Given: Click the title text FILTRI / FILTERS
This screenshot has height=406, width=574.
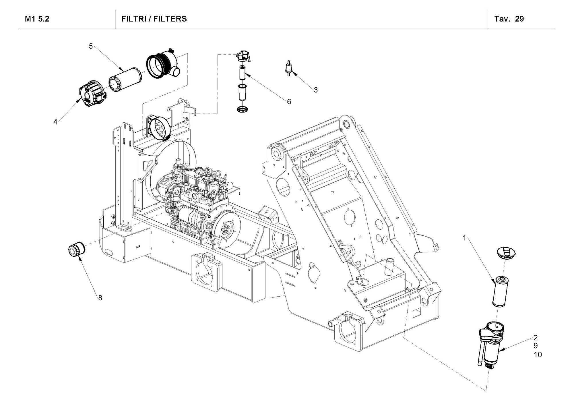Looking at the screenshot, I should pos(154,19).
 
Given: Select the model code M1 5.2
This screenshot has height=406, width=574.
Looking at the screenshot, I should pos(37,19).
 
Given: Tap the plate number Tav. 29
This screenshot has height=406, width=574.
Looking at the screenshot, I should pos(509,19).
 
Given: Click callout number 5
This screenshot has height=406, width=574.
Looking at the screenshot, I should pos(91,46).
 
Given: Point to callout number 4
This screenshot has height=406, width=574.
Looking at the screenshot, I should pos(55,122).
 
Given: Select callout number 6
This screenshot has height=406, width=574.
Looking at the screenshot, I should pos(289,101).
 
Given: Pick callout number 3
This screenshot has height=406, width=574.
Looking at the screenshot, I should pos(316,90).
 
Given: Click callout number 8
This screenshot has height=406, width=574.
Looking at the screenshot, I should pos(100,298).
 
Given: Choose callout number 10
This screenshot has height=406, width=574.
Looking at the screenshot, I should pos(538,355).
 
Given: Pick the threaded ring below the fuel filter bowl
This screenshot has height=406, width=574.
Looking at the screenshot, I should pos(242,109).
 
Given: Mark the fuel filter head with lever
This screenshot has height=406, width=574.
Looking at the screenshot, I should pos(243,55).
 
